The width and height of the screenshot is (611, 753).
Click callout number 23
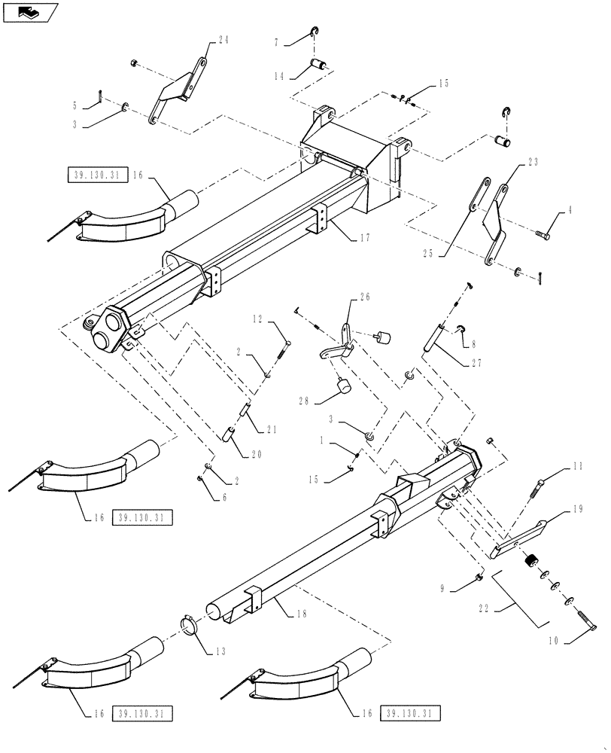point(532,160)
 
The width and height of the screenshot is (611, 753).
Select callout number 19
point(576,508)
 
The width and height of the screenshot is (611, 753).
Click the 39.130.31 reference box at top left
point(97,175)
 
